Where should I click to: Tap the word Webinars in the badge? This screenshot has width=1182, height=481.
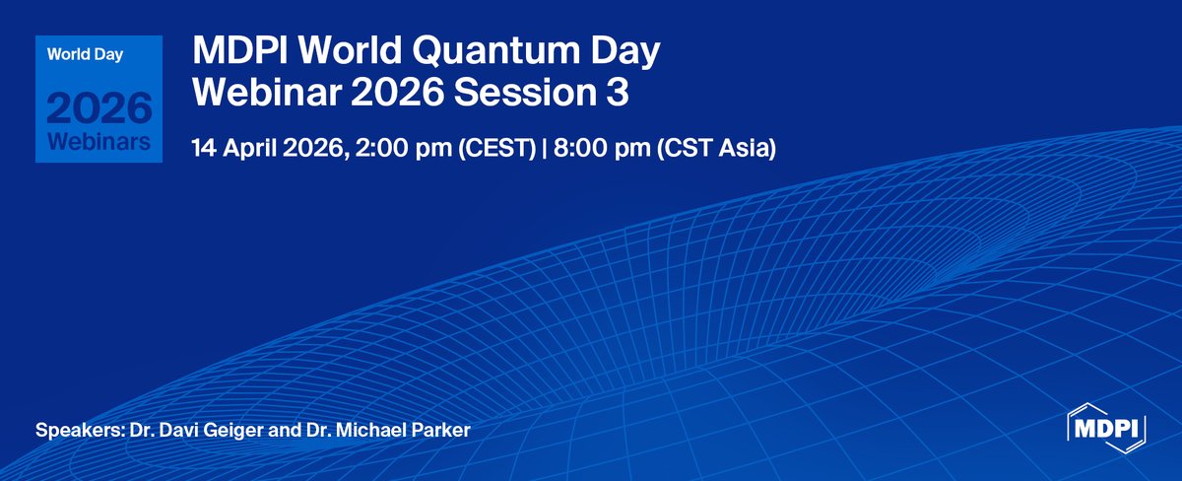[98, 142]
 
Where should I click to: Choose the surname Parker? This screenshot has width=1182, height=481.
[441, 432]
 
